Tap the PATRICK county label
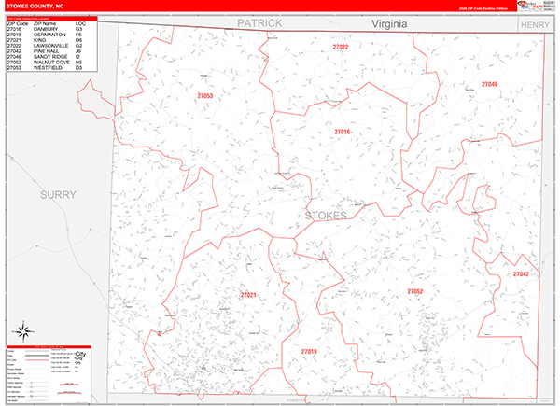click(x=258, y=22)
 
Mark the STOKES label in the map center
click(x=325, y=216)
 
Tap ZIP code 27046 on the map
click(x=489, y=85)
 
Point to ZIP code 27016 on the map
click(x=342, y=132)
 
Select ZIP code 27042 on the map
click(x=520, y=274)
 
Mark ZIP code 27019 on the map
click(x=309, y=351)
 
